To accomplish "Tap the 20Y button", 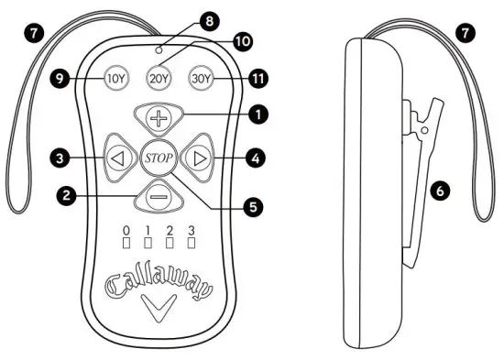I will point(159,78).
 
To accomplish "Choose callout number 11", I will point(259,79).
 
